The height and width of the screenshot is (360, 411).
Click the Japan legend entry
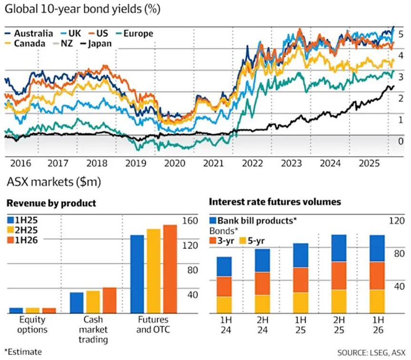tap(98, 44)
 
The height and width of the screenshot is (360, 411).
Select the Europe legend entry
tap(138, 33)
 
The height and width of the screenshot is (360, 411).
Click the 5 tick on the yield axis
tap(401, 34)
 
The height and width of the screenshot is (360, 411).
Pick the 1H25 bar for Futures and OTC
tap(137, 274)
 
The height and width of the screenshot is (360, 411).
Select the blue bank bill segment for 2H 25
tap(339, 248)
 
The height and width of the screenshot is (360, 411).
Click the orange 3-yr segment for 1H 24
tap(224, 287)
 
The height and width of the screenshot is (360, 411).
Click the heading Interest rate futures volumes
tap(275, 202)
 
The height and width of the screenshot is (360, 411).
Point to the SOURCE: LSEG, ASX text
tap(371, 352)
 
